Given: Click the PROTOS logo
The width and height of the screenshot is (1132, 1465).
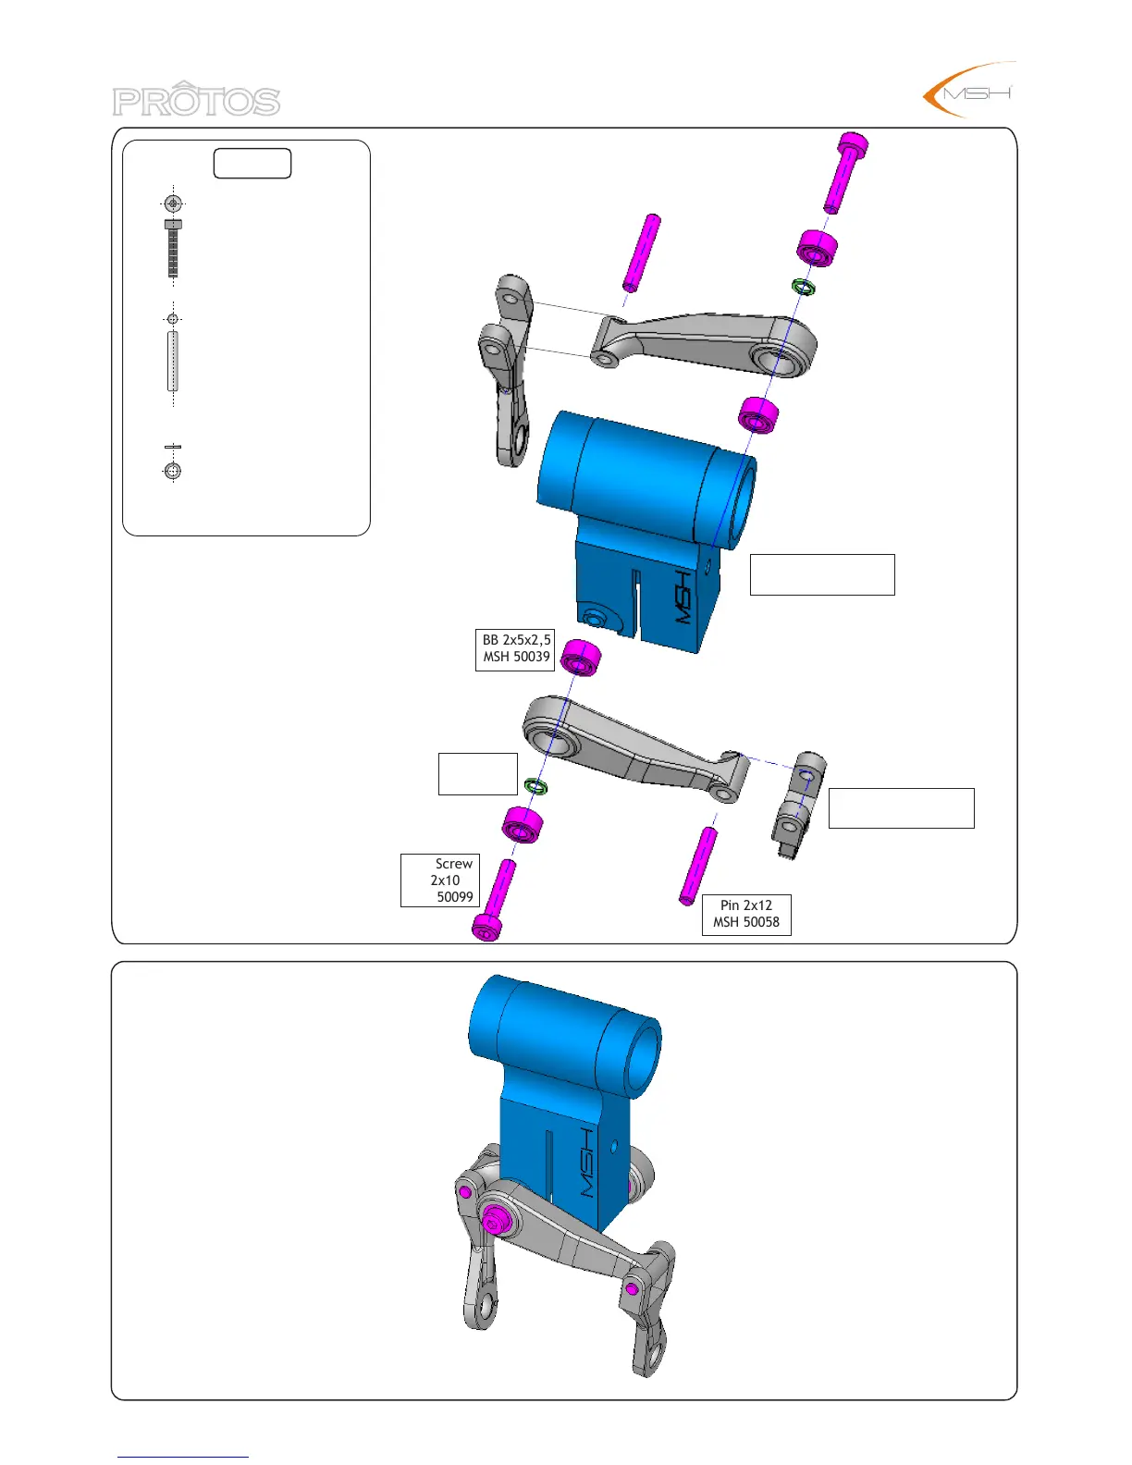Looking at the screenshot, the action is (196, 99).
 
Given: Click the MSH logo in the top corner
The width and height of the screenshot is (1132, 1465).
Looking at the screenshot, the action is (969, 90).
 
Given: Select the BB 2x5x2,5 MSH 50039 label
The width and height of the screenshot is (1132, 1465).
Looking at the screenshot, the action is (516, 649).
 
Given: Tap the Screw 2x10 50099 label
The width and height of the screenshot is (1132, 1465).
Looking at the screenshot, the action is (440, 880).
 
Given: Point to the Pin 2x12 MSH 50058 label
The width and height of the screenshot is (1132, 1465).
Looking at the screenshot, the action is (746, 915).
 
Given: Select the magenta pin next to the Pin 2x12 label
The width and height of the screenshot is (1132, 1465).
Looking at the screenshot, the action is (698, 867).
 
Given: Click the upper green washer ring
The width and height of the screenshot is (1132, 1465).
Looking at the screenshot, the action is (803, 288).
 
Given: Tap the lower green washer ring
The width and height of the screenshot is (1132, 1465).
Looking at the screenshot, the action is (536, 785).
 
